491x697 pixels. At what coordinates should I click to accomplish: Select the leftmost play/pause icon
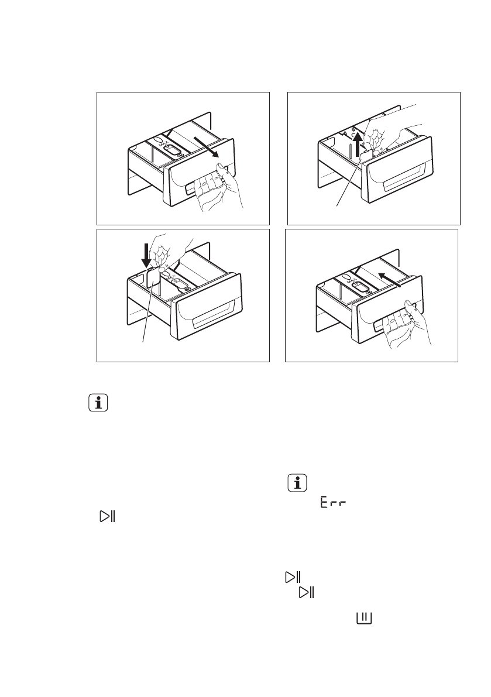108,516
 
